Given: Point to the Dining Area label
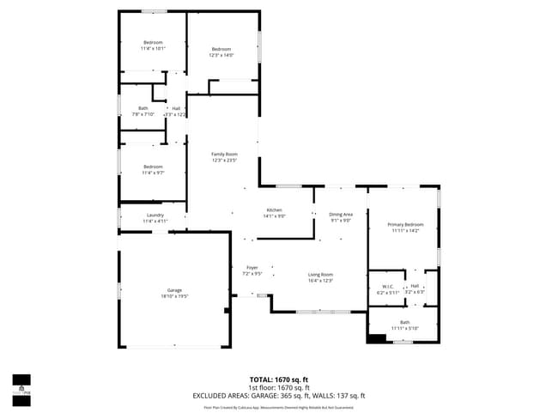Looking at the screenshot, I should pos(341,216).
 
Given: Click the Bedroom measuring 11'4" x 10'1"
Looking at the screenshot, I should pos(153,46).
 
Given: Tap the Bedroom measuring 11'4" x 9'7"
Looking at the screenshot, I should pos(153,169).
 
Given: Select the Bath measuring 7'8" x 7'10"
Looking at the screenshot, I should pos(143,111).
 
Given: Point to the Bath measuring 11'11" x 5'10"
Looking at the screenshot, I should pos(403,325).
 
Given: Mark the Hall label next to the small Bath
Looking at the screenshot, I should pos(176,111).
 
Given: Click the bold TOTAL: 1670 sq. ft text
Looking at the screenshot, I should pos(279,379).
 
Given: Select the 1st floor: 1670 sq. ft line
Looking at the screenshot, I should pos(279,387).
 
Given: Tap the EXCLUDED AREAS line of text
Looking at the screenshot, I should pos(279,396).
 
